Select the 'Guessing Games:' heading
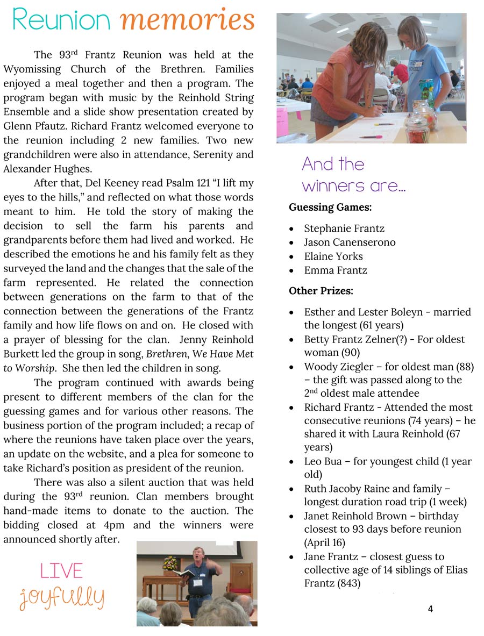pyautogui.click(x=330, y=207)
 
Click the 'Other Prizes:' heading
pyautogui.click(x=321, y=291)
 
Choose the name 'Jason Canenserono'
pyautogui.click(x=350, y=242)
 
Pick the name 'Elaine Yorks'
pyautogui.click(x=333, y=256)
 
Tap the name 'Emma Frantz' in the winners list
pyautogui.click(x=336, y=270)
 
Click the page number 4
pyautogui.click(x=430, y=609)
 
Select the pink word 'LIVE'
pyautogui.click(x=62, y=570)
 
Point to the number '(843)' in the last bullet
pyautogui.click(x=347, y=583)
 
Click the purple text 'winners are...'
pyautogui.click(x=353, y=186)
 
